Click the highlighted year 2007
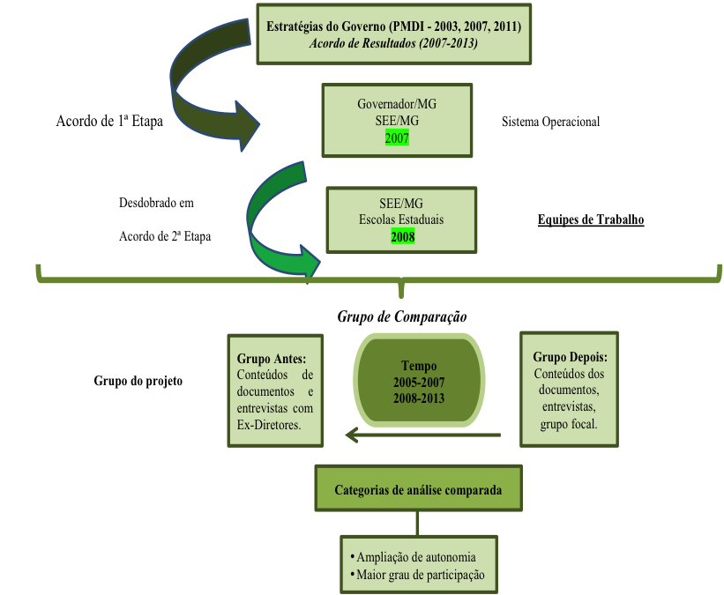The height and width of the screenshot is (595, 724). pyautogui.click(x=397, y=138)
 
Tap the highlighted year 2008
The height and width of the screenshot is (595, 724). pyautogui.click(x=402, y=236)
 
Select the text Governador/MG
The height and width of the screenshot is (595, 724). pyautogui.click(x=397, y=104)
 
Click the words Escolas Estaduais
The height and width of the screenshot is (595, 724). pyautogui.click(x=402, y=220)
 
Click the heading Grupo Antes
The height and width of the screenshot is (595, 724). pyautogui.click(x=272, y=359)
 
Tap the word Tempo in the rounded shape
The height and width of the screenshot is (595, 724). pyautogui.click(x=419, y=366)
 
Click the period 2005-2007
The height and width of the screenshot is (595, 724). pyautogui.click(x=419, y=382)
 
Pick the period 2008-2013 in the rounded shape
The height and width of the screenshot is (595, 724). pyautogui.click(x=419, y=398)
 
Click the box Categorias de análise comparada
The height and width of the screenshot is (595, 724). pyautogui.click(x=418, y=490)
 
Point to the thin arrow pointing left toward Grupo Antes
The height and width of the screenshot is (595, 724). pyautogui.click(x=423, y=435)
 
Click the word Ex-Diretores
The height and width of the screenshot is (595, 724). pyautogui.click(x=268, y=425)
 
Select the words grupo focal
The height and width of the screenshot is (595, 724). pyautogui.click(x=569, y=423)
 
